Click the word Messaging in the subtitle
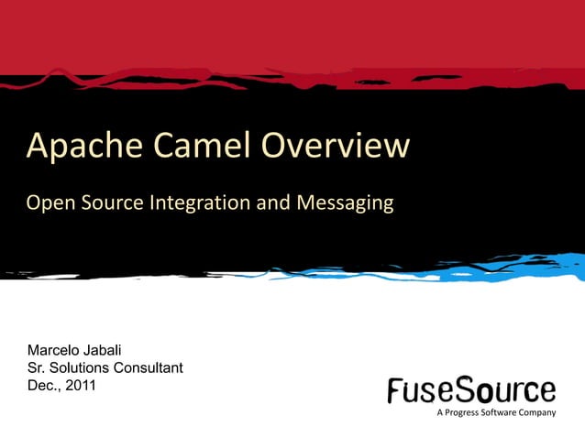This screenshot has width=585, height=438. (x=343, y=203)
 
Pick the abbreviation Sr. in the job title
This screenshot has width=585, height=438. (x=38, y=368)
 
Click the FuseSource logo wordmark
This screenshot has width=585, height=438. (x=471, y=390)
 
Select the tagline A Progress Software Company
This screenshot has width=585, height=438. (x=496, y=413)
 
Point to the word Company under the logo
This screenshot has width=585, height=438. (x=536, y=413)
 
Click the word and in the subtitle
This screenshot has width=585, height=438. (x=271, y=203)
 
